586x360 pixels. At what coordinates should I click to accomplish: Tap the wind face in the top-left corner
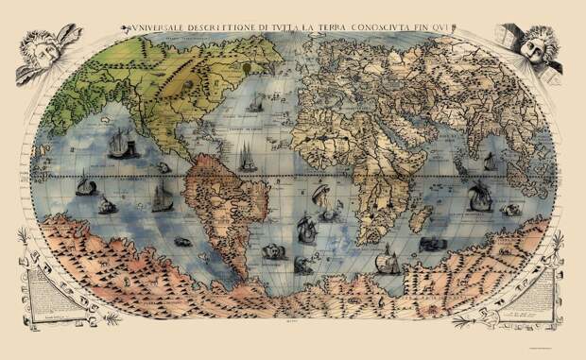pos(48,53)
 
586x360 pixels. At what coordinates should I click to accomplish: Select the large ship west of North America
pos(118,143)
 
